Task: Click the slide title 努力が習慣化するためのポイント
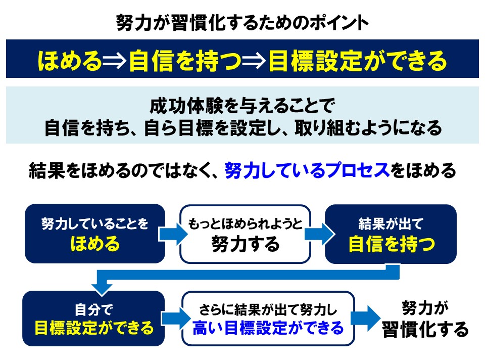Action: [242, 23]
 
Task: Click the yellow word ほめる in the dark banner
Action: [70, 60]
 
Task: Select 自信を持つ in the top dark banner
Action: [185, 60]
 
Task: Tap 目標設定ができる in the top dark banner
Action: [358, 60]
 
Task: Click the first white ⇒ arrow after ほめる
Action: [115, 61]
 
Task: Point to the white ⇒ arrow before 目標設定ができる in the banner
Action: [254, 61]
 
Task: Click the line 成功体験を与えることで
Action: [242, 106]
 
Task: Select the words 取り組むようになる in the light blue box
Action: [368, 128]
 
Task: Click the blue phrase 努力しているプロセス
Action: [307, 170]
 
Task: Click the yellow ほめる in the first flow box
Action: [95, 243]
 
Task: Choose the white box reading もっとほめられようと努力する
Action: [246, 234]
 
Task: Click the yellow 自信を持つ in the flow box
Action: [392, 244]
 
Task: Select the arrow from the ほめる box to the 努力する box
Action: [173, 234]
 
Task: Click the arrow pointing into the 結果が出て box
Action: [319, 234]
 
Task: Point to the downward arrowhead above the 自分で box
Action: [102, 289]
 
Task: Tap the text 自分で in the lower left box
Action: [94, 309]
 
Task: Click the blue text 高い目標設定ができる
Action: [268, 328]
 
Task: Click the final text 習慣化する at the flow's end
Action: [425, 329]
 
